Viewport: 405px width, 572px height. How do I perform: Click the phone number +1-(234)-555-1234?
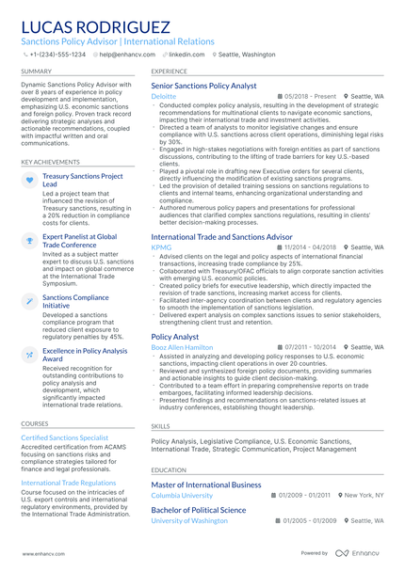point(57,55)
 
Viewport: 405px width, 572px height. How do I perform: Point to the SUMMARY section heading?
point(37,71)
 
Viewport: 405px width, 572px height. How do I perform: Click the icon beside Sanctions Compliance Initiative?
point(30,299)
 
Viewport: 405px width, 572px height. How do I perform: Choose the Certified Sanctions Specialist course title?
point(65,438)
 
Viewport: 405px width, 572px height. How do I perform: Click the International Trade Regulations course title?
point(69,483)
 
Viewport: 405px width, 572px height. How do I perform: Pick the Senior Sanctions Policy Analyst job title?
point(203,86)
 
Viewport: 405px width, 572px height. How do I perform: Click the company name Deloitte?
point(163,96)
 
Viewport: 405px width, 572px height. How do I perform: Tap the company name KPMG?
point(160,247)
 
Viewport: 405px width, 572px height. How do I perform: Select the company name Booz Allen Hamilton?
point(183,347)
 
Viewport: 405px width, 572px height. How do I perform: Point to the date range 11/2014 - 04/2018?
point(309,247)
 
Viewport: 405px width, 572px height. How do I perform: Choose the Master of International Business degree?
point(205,485)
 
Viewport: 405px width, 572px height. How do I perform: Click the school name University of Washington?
point(189,520)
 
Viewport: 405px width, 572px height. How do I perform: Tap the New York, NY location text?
point(363,495)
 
